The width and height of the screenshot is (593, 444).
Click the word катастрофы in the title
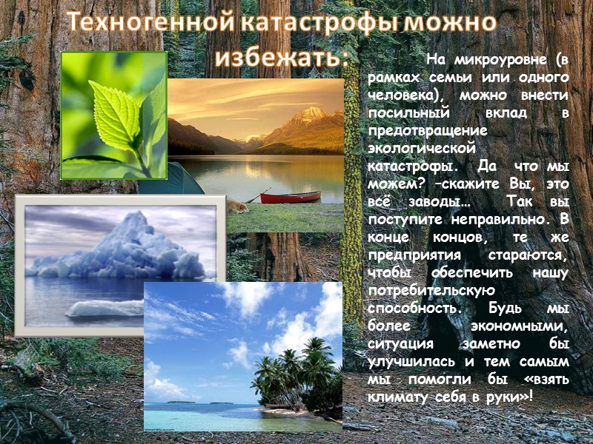(312, 23)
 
